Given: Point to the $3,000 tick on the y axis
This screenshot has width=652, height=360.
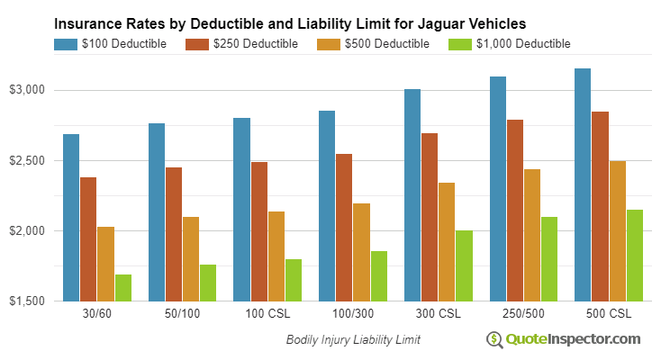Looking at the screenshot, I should pos(27,90).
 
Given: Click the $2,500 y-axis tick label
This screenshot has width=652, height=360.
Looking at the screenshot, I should pos(27,160).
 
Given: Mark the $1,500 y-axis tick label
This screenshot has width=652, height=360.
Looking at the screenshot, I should pos(27,301).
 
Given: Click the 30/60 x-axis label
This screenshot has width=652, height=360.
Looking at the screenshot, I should pos(96,315).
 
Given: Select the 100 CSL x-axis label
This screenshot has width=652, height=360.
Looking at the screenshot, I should pos(267,315).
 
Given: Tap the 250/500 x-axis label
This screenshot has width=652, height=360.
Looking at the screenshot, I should pos(523,315).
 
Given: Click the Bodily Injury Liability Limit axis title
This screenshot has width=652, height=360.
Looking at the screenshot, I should pos(353,340).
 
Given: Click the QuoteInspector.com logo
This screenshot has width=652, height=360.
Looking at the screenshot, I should pos(563,339).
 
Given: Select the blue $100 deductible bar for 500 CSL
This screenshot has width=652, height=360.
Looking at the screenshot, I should pos(583,184).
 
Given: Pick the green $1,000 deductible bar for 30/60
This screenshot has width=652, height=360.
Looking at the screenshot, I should pos(122,287).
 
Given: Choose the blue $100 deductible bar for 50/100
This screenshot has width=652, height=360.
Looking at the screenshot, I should pos(157,211).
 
